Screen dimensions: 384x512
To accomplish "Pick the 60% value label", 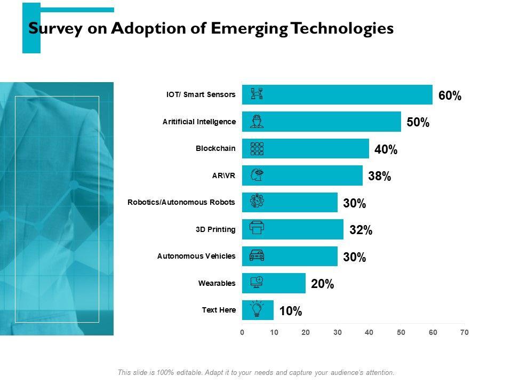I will click(450, 96).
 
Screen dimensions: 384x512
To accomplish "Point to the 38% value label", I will click(379, 177).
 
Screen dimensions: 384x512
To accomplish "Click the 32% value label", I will click(361, 230).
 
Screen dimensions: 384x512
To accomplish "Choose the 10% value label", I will click(291, 311).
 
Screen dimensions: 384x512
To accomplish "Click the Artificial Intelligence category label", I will click(199, 122).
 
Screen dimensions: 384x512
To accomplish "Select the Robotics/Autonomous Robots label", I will click(181, 202).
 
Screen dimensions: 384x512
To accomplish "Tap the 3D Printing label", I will click(215, 229).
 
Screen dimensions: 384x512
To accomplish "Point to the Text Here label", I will click(219, 310).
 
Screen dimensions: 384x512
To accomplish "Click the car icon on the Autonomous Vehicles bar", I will click(257, 256).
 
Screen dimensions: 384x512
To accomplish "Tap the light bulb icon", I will click(257, 309).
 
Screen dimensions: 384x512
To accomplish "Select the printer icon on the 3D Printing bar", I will click(257, 228).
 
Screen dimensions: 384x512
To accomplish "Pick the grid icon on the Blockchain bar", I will click(257, 149).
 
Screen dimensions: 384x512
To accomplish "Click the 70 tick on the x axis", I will click(465, 332).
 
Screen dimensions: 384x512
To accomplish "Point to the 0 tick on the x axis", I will click(242, 332).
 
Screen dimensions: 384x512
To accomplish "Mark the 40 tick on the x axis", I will click(369, 332).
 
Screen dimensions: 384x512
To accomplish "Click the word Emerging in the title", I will click(243, 28).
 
